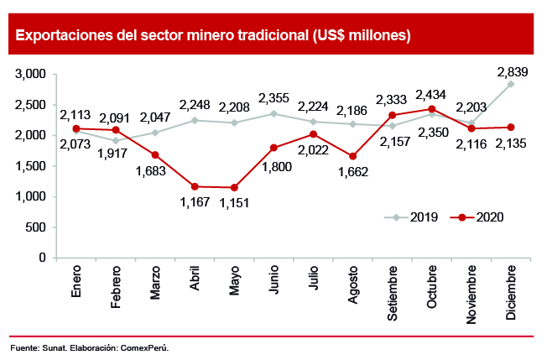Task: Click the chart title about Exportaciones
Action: point(212,36)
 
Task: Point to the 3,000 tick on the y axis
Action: point(30,74)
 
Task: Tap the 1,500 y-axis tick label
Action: point(30,166)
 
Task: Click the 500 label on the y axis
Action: point(36,227)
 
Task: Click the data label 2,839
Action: point(511,70)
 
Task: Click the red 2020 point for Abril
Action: point(195,186)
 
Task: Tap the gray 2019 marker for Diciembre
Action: point(511,84)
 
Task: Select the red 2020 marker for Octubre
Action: point(432,109)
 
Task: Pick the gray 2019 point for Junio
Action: point(273,113)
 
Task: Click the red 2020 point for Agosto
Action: point(353,156)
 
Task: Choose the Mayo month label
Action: point(234,283)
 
